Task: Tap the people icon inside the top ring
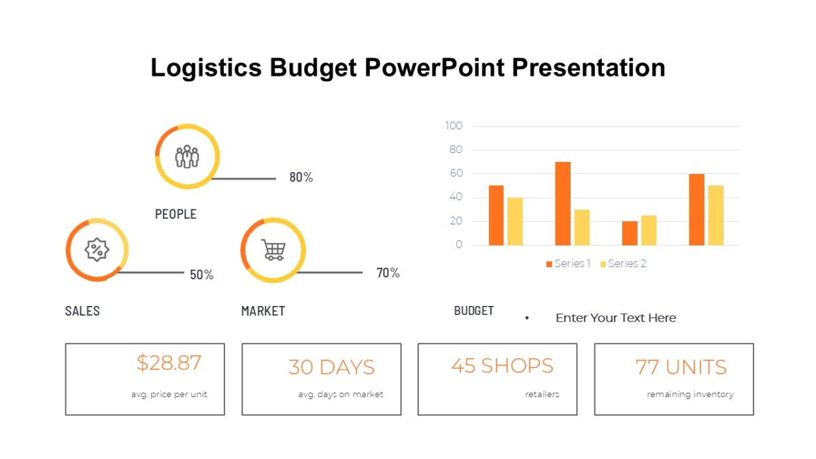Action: pyautogui.click(x=187, y=156)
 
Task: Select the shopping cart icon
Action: pyautogui.click(x=273, y=250)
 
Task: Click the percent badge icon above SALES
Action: pyautogui.click(x=97, y=250)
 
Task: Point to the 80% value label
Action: pyautogui.click(x=301, y=177)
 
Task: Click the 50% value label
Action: pyautogui.click(x=201, y=275)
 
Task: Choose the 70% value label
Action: pyautogui.click(x=388, y=273)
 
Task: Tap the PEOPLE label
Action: pyautogui.click(x=175, y=214)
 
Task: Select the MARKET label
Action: pyautogui.click(x=263, y=311)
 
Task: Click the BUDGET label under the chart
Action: pyautogui.click(x=474, y=311)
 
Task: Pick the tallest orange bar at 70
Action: pyautogui.click(x=562, y=203)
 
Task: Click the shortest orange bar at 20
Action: pyautogui.click(x=630, y=233)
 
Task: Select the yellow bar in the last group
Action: pyautogui.click(x=715, y=215)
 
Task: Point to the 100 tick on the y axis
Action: pyautogui.click(x=454, y=126)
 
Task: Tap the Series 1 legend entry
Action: pyautogui.click(x=568, y=264)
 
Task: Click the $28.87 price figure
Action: pyautogui.click(x=169, y=363)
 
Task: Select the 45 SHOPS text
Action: pyautogui.click(x=502, y=366)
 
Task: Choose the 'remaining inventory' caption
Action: pyautogui.click(x=690, y=394)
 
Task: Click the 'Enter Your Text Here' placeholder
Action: pyautogui.click(x=615, y=318)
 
